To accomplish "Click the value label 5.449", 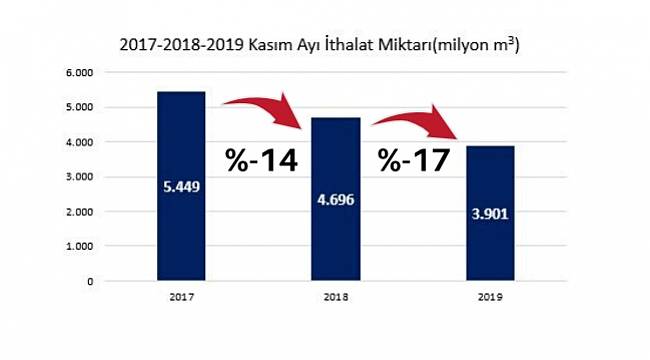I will click(x=182, y=185).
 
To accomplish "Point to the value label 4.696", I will click(x=335, y=199).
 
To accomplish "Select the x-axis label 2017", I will click(x=182, y=297).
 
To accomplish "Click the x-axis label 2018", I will click(x=335, y=297).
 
